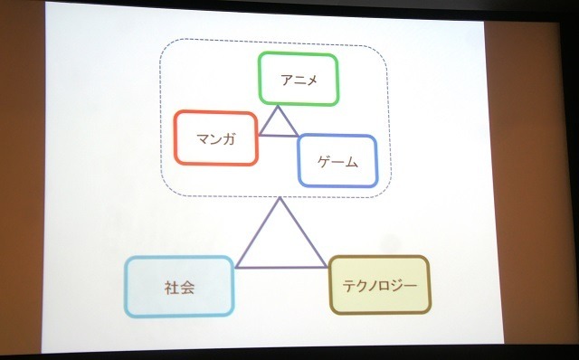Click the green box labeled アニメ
[298, 79]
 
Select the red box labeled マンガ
[216, 138]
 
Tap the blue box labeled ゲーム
[337, 162]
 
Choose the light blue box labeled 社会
[180, 289]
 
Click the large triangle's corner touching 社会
[236, 267]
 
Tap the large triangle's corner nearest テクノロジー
[327, 267]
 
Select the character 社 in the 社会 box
[172, 289]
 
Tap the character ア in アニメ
[285, 80]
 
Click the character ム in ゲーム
[351, 163]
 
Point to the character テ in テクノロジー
[348, 284]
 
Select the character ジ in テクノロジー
[398, 284]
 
